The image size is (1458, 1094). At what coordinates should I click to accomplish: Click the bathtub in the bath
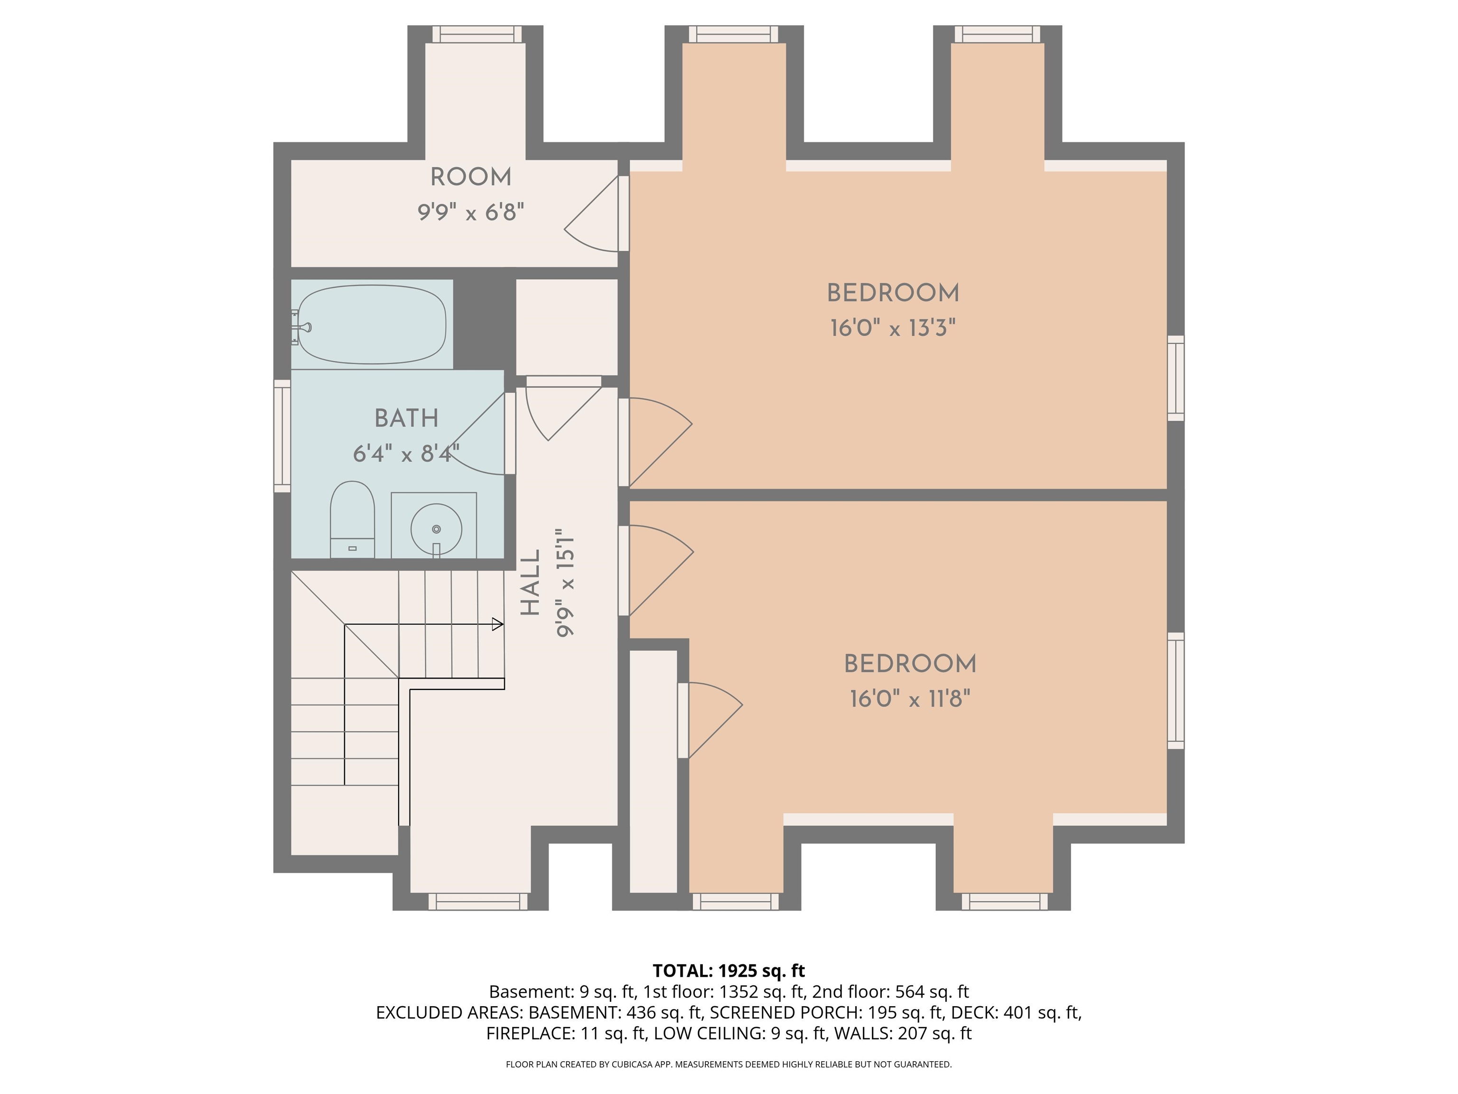[x=372, y=324]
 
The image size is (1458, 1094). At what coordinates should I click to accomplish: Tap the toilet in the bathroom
[x=353, y=519]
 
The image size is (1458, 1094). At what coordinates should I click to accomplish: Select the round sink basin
[x=436, y=528]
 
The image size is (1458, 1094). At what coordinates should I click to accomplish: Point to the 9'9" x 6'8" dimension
[x=471, y=212]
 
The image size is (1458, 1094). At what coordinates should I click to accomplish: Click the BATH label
[x=406, y=418]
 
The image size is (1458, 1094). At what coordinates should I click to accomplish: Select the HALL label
[x=531, y=583]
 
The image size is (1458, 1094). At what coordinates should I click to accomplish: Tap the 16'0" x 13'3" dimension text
[x=892, y=328]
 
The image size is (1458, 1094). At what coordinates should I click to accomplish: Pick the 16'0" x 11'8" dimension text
[x=910, y=698]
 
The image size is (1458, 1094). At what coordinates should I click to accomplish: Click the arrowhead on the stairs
[x=498, y=624]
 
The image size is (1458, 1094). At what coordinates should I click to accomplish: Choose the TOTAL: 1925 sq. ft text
[x=729, y=971]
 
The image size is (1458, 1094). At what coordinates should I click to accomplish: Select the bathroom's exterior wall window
[x=282, y=435]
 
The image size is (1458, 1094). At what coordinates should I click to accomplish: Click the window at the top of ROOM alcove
[x=477, y=34]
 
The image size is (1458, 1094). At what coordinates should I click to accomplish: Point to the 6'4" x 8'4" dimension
[x=406, y=453]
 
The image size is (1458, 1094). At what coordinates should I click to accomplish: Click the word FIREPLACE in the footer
[x=531, y=1033]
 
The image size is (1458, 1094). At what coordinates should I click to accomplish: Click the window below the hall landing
[x=478, y=901]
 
